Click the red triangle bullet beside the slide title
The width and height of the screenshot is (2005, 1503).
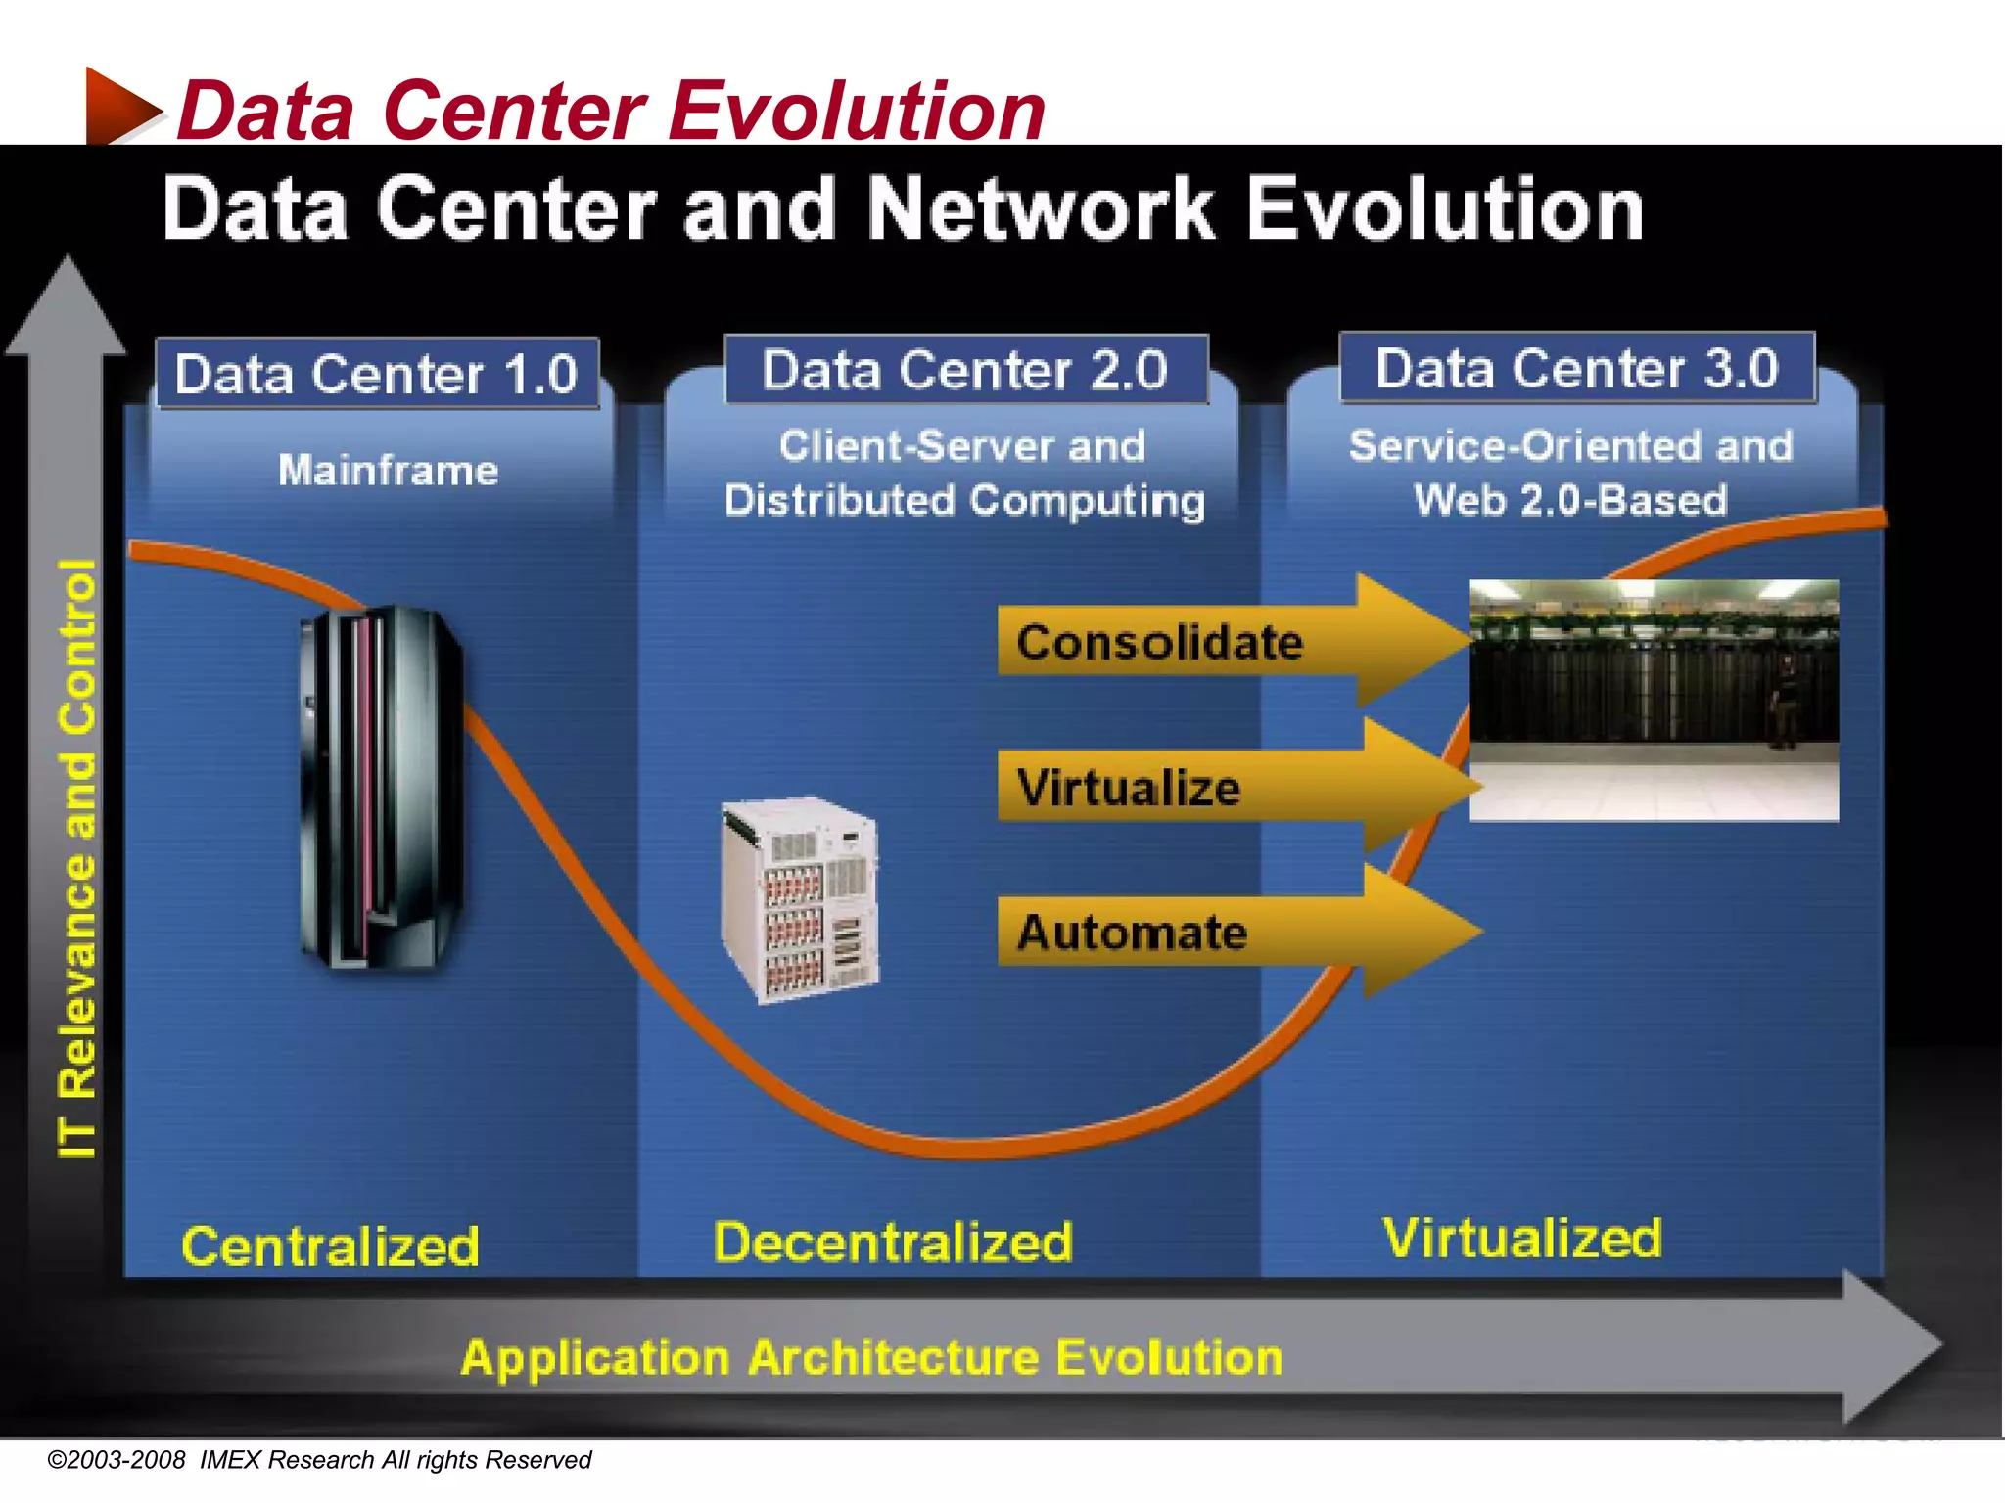click(118, 107)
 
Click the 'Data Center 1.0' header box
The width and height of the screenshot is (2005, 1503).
click(377, 374)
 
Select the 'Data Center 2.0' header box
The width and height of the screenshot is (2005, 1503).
click(965, 370)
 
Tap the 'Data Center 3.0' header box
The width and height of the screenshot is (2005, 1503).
click(1576, 368)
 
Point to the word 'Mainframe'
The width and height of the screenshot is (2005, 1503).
click(389, 471)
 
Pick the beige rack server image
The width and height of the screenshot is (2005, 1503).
click(801, 899)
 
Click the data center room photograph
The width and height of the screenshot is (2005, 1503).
click(1653, 700)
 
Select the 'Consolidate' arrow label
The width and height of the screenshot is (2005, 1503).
click(1159, 643)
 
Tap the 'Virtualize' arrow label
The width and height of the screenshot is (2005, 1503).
click(1128, 788)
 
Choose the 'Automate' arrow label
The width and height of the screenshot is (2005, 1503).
click(1132, 933)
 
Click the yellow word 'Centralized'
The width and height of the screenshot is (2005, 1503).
click(330, 1247)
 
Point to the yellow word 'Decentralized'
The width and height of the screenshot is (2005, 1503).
click(892, 1243)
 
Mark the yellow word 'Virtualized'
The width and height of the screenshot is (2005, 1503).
click(1521, 1238)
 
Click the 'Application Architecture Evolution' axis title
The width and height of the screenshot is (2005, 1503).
click(871, 1358)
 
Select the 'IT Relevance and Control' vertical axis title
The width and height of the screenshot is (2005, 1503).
click(78, 858)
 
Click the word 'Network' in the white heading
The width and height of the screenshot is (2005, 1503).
click(1040, 209)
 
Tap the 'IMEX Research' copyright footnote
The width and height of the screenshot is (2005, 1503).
click(319, 1460)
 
